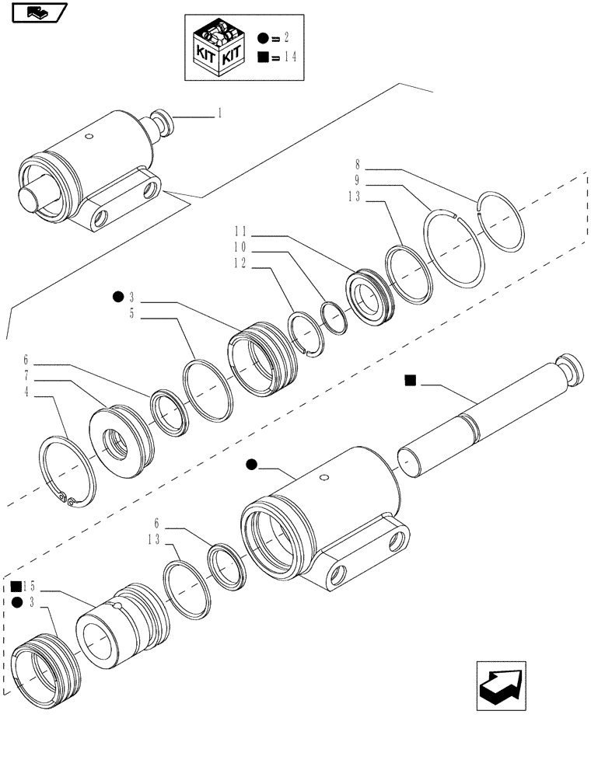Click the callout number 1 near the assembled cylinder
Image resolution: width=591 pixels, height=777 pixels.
219,113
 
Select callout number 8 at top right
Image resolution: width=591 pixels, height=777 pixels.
358,165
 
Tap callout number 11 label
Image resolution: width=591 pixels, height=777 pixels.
240,231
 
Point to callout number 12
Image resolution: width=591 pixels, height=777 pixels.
240,265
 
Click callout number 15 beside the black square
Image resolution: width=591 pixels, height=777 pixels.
30,584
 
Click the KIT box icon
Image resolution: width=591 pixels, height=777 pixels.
219,46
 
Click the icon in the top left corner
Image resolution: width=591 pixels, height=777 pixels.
34,12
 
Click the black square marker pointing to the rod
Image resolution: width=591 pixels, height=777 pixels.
411,380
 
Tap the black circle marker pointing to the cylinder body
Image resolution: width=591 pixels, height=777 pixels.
251,465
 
